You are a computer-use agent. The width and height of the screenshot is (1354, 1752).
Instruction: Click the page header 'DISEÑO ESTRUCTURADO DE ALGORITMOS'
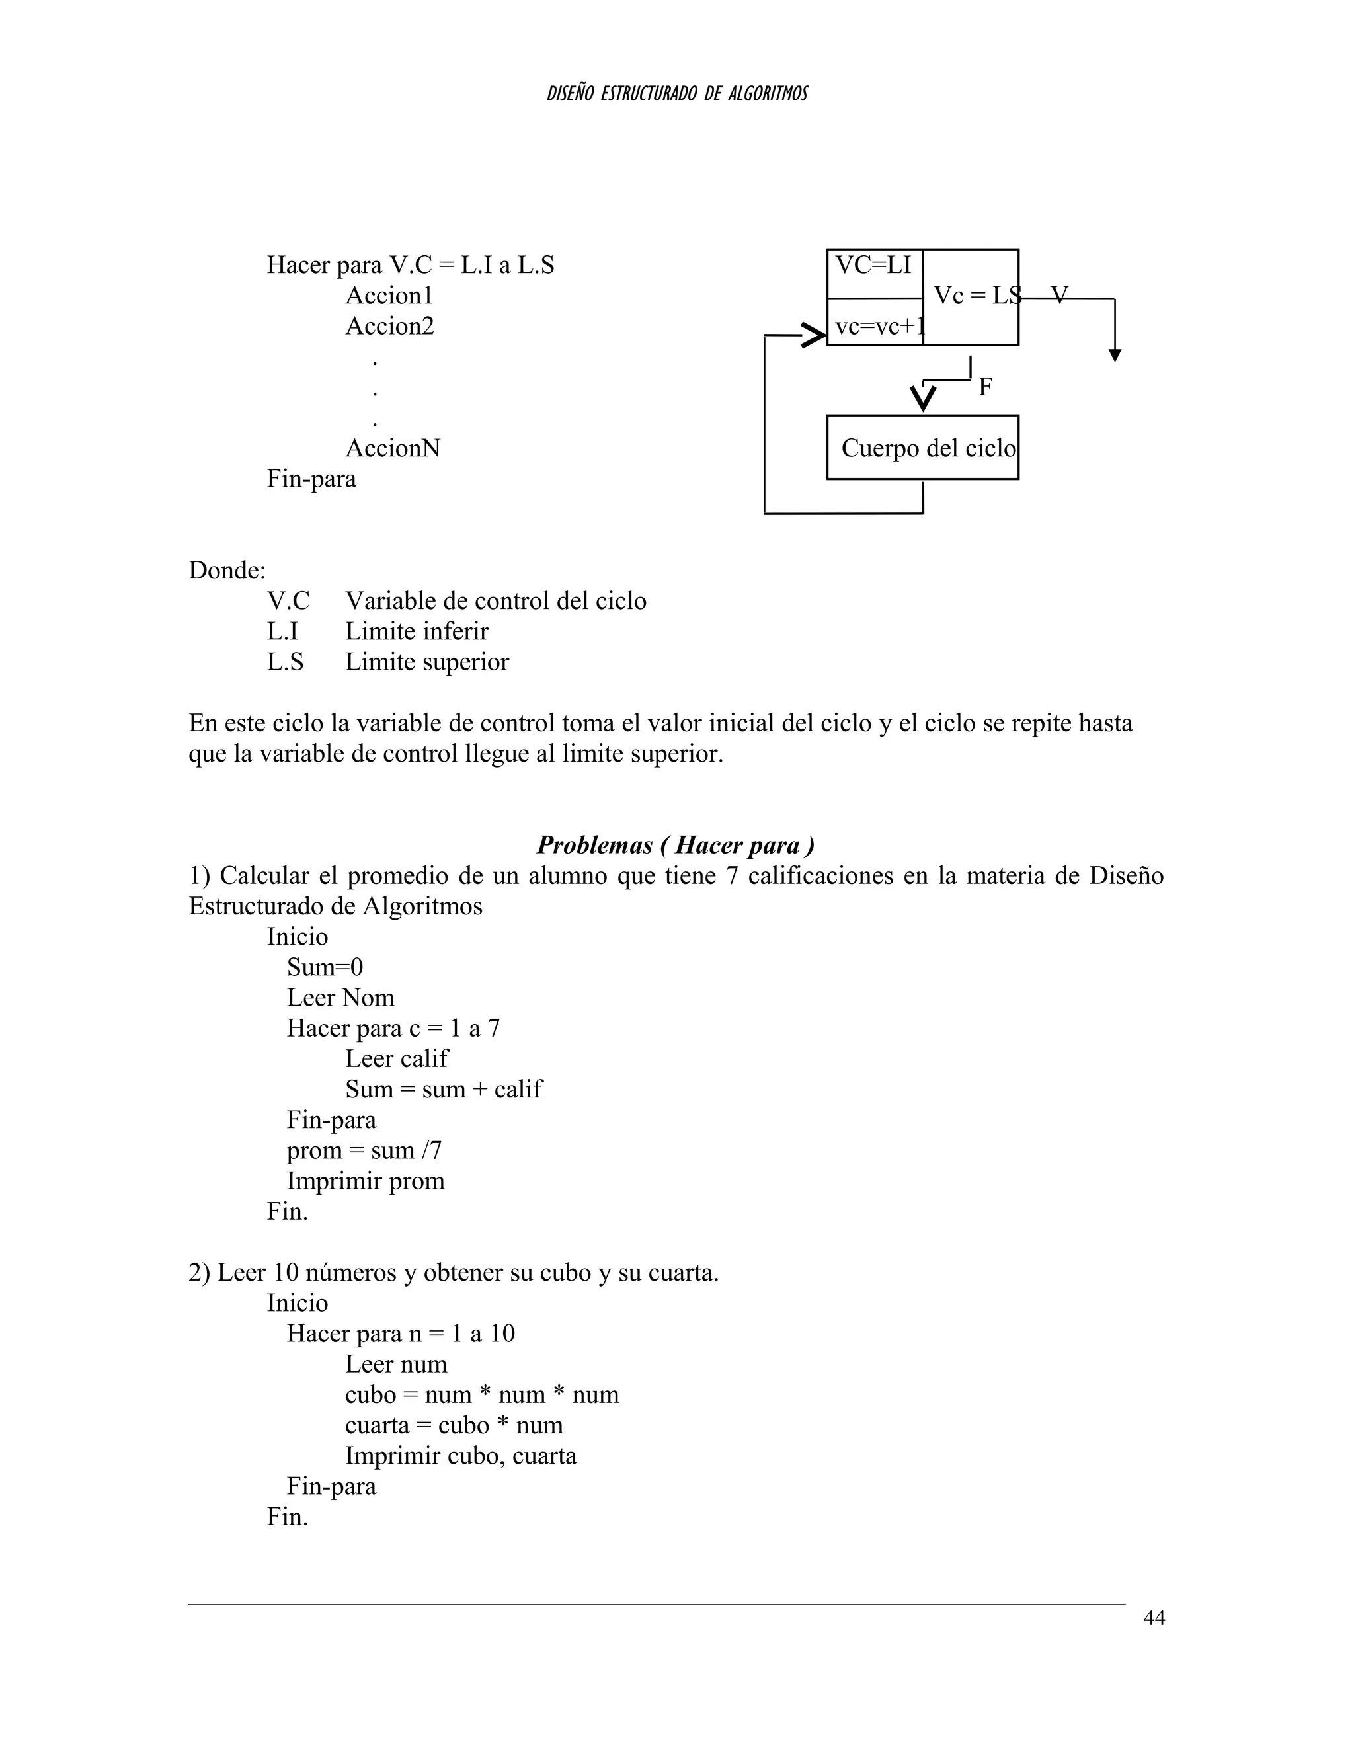[x=676, y=94]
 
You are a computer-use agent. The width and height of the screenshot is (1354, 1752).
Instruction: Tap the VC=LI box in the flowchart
[x=873, y=266]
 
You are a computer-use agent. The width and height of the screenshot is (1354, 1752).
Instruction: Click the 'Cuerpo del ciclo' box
[x=922, y=448]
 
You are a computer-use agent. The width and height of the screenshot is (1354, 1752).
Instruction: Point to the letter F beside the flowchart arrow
[x=985, y=387]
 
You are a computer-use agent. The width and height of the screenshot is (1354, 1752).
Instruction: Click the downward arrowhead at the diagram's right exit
[x=1114, y=356]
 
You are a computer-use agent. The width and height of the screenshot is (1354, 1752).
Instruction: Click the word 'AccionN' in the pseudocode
[x=392, y=448]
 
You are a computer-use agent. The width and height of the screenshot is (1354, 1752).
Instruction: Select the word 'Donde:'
[x=227, y=571]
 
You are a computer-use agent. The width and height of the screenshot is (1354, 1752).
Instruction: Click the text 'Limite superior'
[x=426, y=662]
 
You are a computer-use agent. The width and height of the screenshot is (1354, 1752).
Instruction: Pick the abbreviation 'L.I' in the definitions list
[x=282, y=631]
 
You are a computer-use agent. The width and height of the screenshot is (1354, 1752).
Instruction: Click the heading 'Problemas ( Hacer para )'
[x=676, y=845]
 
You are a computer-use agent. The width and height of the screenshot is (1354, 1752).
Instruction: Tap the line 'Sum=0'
[x=325, y=967]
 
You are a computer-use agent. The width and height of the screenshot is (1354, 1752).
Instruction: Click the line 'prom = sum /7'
[x=364, y=1150]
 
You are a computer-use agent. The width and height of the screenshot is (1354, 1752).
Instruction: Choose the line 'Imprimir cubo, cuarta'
[x=460, y=1455]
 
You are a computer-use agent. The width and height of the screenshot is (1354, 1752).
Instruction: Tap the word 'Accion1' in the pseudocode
[x=389, y=296]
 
